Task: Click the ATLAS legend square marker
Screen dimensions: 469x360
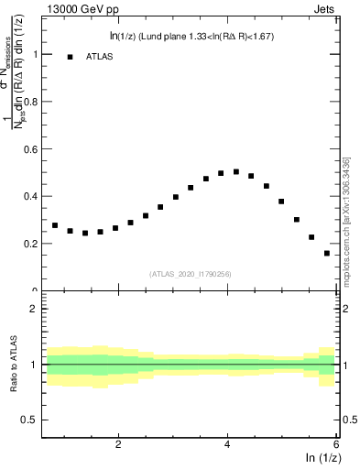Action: point(70,57)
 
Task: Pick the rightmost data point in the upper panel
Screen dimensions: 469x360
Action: point(327,253)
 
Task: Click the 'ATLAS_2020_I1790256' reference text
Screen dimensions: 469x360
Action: point(191,274)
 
